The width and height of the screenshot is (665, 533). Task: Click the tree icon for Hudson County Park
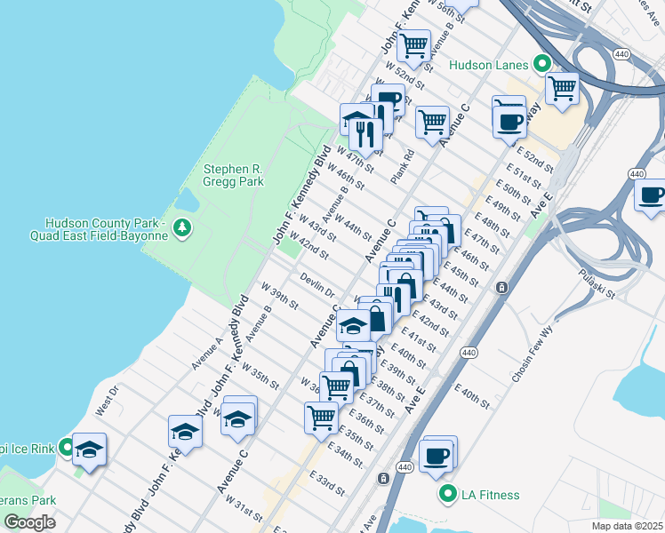pyautogui.click(x=183, y=227)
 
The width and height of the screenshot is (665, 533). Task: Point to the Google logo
pyautogui.click(x=29, y=521)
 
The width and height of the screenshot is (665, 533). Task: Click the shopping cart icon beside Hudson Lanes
pyautogui.click(x=562, y=88)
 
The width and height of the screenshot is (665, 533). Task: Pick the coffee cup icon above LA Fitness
pyautogui.click(x=437, y=455)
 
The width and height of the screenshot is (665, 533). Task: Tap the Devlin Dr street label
pyautogui.click(x=316, y=285)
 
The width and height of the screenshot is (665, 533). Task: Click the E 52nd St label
pyautogui.click(x=535, y=156)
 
